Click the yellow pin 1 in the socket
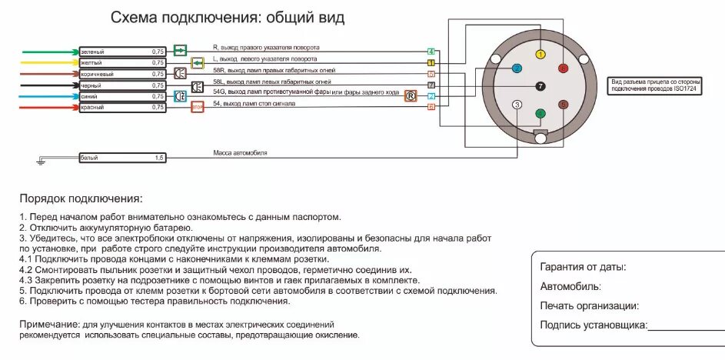(540, 55)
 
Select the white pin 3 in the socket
(517, 105)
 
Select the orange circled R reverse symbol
(411, 95)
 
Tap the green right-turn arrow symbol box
(180, 51)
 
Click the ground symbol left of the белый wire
(39, 160)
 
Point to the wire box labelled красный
(122, 108)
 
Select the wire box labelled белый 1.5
(122, 158)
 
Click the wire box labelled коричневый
(122, 73)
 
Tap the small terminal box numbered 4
(431, 52)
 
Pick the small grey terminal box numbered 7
(431, 85)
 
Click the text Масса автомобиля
(240, 153)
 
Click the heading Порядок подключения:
(81, 198)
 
